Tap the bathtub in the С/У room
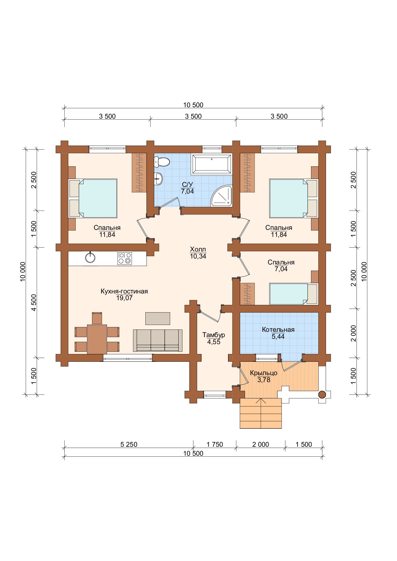coord(212,164)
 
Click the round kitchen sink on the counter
coord(90,258)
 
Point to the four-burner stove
coord(125,259)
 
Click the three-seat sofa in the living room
coord(158,340)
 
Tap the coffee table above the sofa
coord(158,318)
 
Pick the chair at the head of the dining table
coord(97,318)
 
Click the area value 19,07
coord(124,298)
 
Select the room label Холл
coord(198,249)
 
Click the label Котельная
coord(278,329)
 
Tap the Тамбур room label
coord(214,335)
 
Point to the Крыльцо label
coord(264,373)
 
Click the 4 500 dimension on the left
coord(34,302)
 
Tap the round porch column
coord(322,395)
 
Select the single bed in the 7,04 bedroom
coord(294,294)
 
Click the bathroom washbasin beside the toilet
coord(158,179)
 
